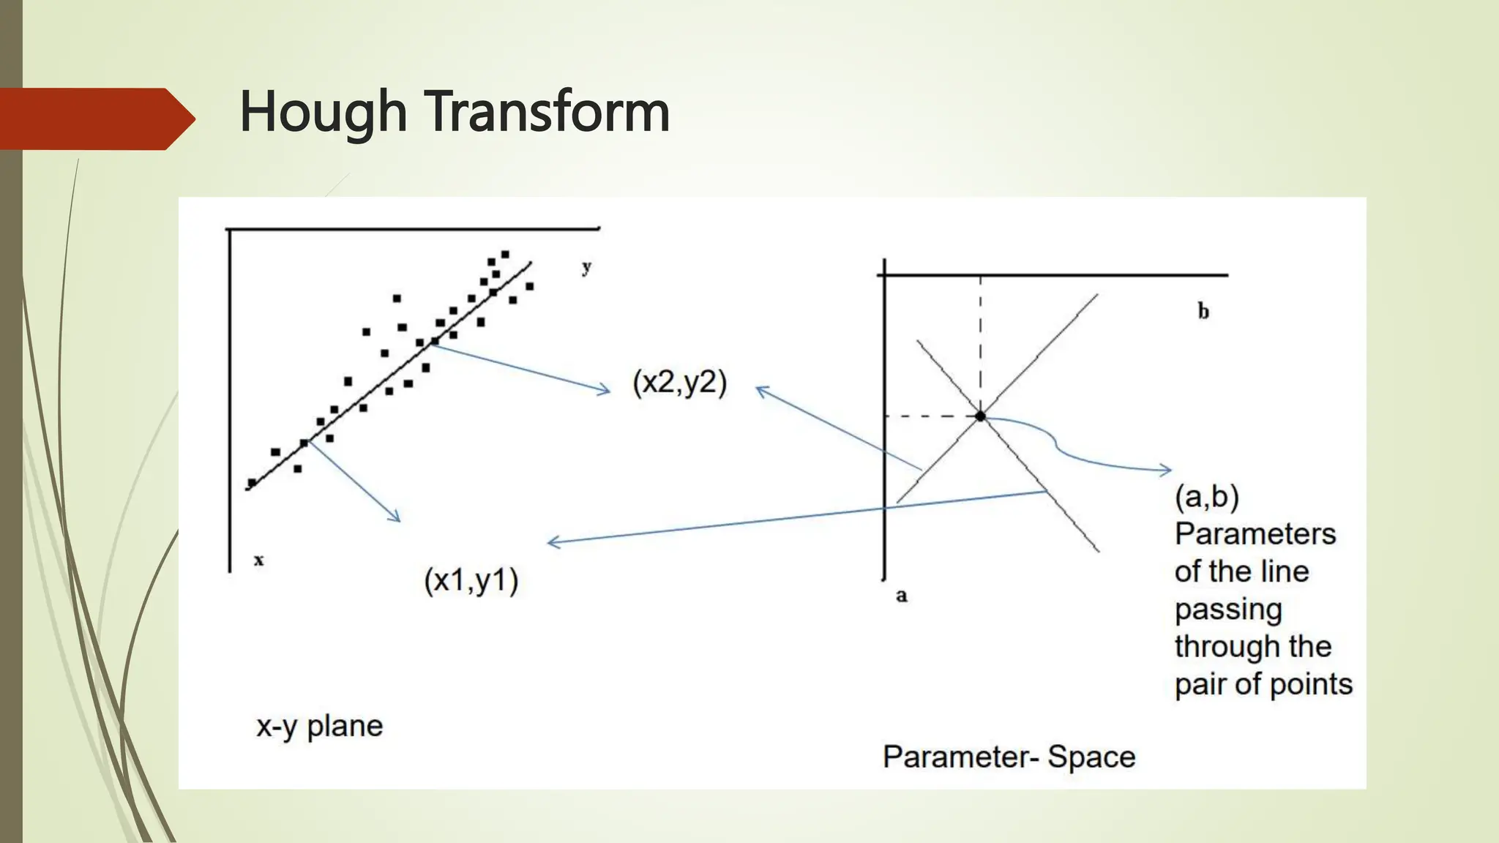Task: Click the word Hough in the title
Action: (x=323, y=112)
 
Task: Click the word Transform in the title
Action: (x=548, y=112)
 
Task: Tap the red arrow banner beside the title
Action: (x=95, y=119)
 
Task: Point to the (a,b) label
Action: (x=1206, y=497)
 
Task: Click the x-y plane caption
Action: (x=319, y=726)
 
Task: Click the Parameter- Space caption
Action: (x=1009, y=757)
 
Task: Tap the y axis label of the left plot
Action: (x=586, y=267)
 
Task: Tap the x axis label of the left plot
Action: (x=258, y=561)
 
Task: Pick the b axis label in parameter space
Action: (x=1203, y=312)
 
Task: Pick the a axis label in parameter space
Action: (x=902, y=595)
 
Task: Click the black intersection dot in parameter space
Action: (x=980, y=416)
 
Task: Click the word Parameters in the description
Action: (x=1255, y=534)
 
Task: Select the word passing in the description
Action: (x=1227, y=610)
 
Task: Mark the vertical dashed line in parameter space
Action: (x=980, y=344)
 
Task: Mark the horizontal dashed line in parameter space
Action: (x=931, y=416)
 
